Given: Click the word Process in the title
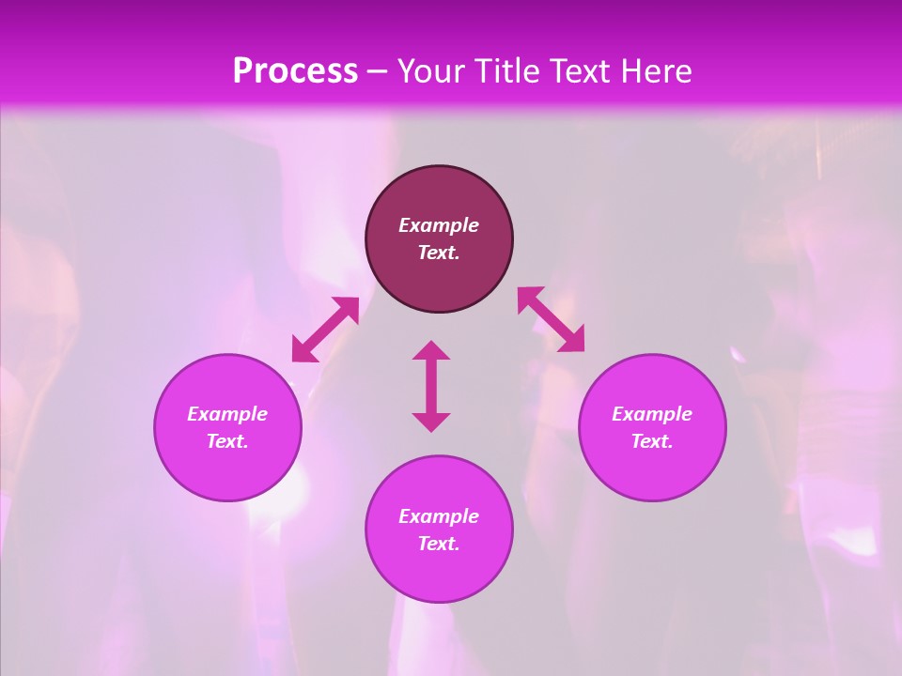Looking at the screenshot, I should [x=295, y=70].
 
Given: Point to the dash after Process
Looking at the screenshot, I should [x=377, y=72].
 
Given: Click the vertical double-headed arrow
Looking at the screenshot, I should [x=431, y=386].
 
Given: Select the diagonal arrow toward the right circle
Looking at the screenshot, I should [x=551, y=319].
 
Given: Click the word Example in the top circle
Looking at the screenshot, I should [x=439, y=225].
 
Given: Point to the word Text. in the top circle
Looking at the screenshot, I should [x=439, y=253].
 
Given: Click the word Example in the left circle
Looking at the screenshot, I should [x=227, y=414].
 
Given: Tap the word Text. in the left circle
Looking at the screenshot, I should [x=227, y=441].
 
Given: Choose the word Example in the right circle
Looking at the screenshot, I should [x=652, y=414].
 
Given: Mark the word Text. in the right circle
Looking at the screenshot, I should [x=652, y=441].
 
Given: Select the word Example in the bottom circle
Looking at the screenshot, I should [x=439, y=516].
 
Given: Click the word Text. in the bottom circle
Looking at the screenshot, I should [x=439, y=544].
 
